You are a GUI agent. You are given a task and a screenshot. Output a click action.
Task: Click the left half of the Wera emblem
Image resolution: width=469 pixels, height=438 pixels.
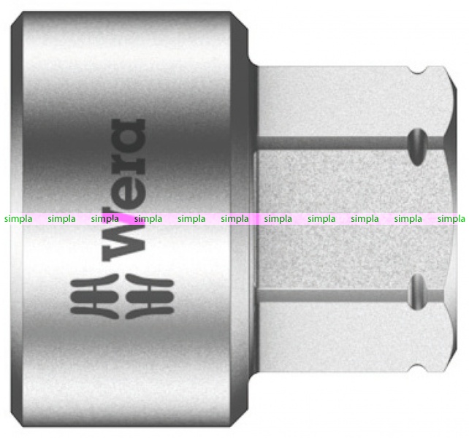[x=94, y=296]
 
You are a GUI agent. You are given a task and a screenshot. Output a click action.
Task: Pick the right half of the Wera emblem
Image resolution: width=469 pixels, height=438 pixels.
[x=150, y=296]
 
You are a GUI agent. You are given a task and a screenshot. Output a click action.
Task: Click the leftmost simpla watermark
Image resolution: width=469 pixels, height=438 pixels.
[x=18, y=219]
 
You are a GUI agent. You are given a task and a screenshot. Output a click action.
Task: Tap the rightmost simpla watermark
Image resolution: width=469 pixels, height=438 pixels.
[x=451, y=219]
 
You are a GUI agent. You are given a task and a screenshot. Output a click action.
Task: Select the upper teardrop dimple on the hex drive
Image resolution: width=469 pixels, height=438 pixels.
[x=418, y=147]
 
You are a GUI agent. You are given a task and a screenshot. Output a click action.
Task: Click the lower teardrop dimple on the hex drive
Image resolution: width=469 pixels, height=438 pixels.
[x=418, y=291]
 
